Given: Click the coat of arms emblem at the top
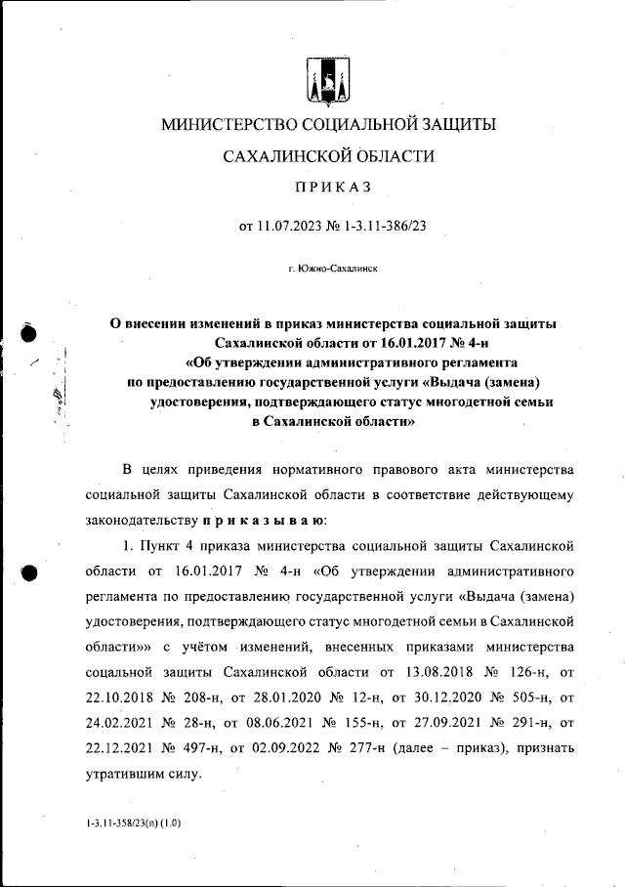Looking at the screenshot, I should (324, 82).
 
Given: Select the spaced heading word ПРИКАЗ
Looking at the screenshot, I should (324, 188).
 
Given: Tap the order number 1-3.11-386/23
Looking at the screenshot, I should (381, 227).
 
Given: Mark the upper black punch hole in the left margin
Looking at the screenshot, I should (28, 333).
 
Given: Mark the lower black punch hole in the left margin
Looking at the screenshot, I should (28, 573).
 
